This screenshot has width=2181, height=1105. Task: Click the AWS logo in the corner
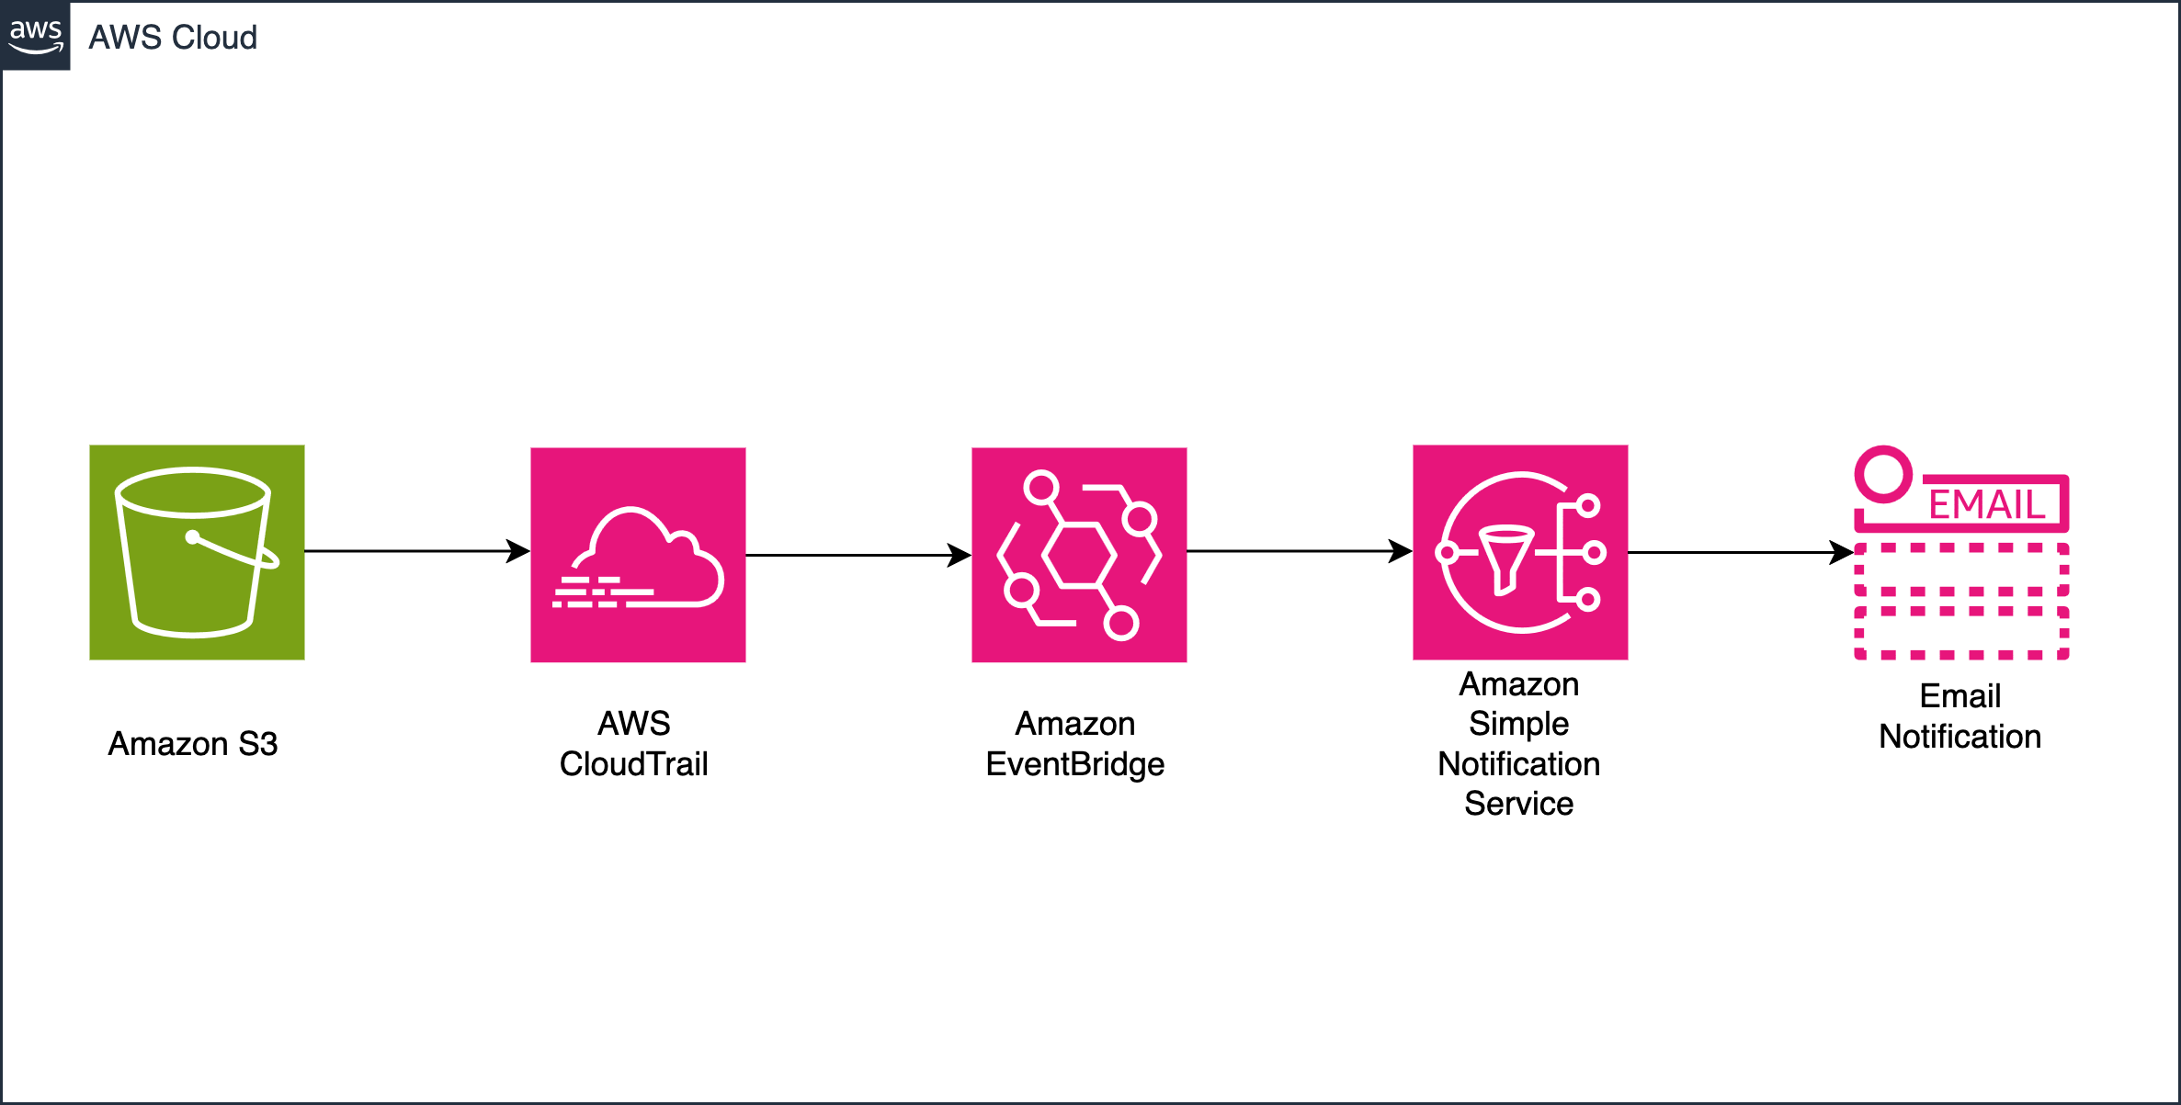coord(35,35)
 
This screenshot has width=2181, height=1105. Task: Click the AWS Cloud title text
coord(172,38)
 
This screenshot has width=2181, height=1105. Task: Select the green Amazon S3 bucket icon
coord(197,552)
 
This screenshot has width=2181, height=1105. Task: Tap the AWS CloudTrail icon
coord(638,555)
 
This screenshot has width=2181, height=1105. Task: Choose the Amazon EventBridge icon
coord(1079,555)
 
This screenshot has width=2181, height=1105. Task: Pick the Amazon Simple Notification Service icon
coord(1520,552)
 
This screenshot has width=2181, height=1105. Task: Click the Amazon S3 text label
coord(192,743)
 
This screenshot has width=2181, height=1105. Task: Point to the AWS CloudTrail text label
coord(633,743)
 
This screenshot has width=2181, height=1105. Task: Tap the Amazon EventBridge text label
coord(1074,743)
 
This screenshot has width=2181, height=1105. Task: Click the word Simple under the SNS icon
coord(1518,724)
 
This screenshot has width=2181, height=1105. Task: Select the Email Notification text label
coord(1959,716)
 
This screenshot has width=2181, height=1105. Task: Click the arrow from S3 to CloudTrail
coord(414,551)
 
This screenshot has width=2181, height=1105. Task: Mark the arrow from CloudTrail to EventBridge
coord(855,555)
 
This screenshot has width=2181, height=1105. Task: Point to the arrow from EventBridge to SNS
coord(1296,551)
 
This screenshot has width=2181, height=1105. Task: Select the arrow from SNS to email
coord(1737,553)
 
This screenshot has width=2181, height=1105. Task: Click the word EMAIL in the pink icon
coord(1986,505)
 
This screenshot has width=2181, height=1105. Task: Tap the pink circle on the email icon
coord(1883,474)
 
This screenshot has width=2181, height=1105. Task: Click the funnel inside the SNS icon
coord(1505,557)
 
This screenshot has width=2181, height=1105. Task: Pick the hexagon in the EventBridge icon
coord(1078,555)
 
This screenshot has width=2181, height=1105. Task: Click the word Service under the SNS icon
coord(1518,804)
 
